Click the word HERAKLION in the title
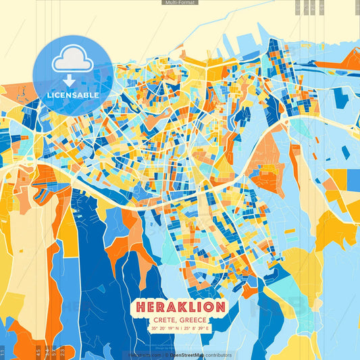click(180, 307)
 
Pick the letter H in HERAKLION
click(141, 307)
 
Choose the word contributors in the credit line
click(216, 355)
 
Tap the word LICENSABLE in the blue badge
click(73, 95)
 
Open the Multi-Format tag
click(180, 3)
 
